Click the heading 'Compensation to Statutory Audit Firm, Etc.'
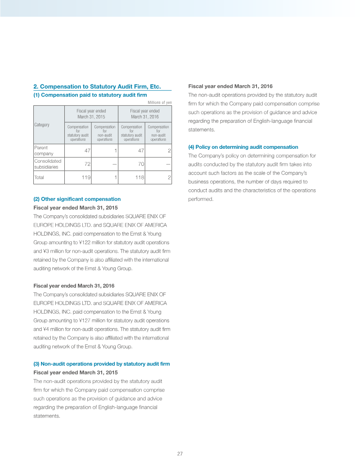[x=97, y=86]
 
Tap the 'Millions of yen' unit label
[x=160, y=103]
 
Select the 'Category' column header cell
[x=42, y=125]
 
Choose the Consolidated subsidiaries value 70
[x=140, y=164]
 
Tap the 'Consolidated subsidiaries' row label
[x=48, y=164]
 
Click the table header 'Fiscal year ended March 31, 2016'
[x=145, y=114]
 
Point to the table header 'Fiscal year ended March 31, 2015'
[x=91, y=114]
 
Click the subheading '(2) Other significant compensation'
[x=77, y=199]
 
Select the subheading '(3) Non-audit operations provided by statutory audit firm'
[x=102, y=364]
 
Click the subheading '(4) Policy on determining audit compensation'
[x=243, y=147]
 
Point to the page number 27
[x=180, y=454]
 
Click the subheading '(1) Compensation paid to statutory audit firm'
[x=90, y=95]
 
